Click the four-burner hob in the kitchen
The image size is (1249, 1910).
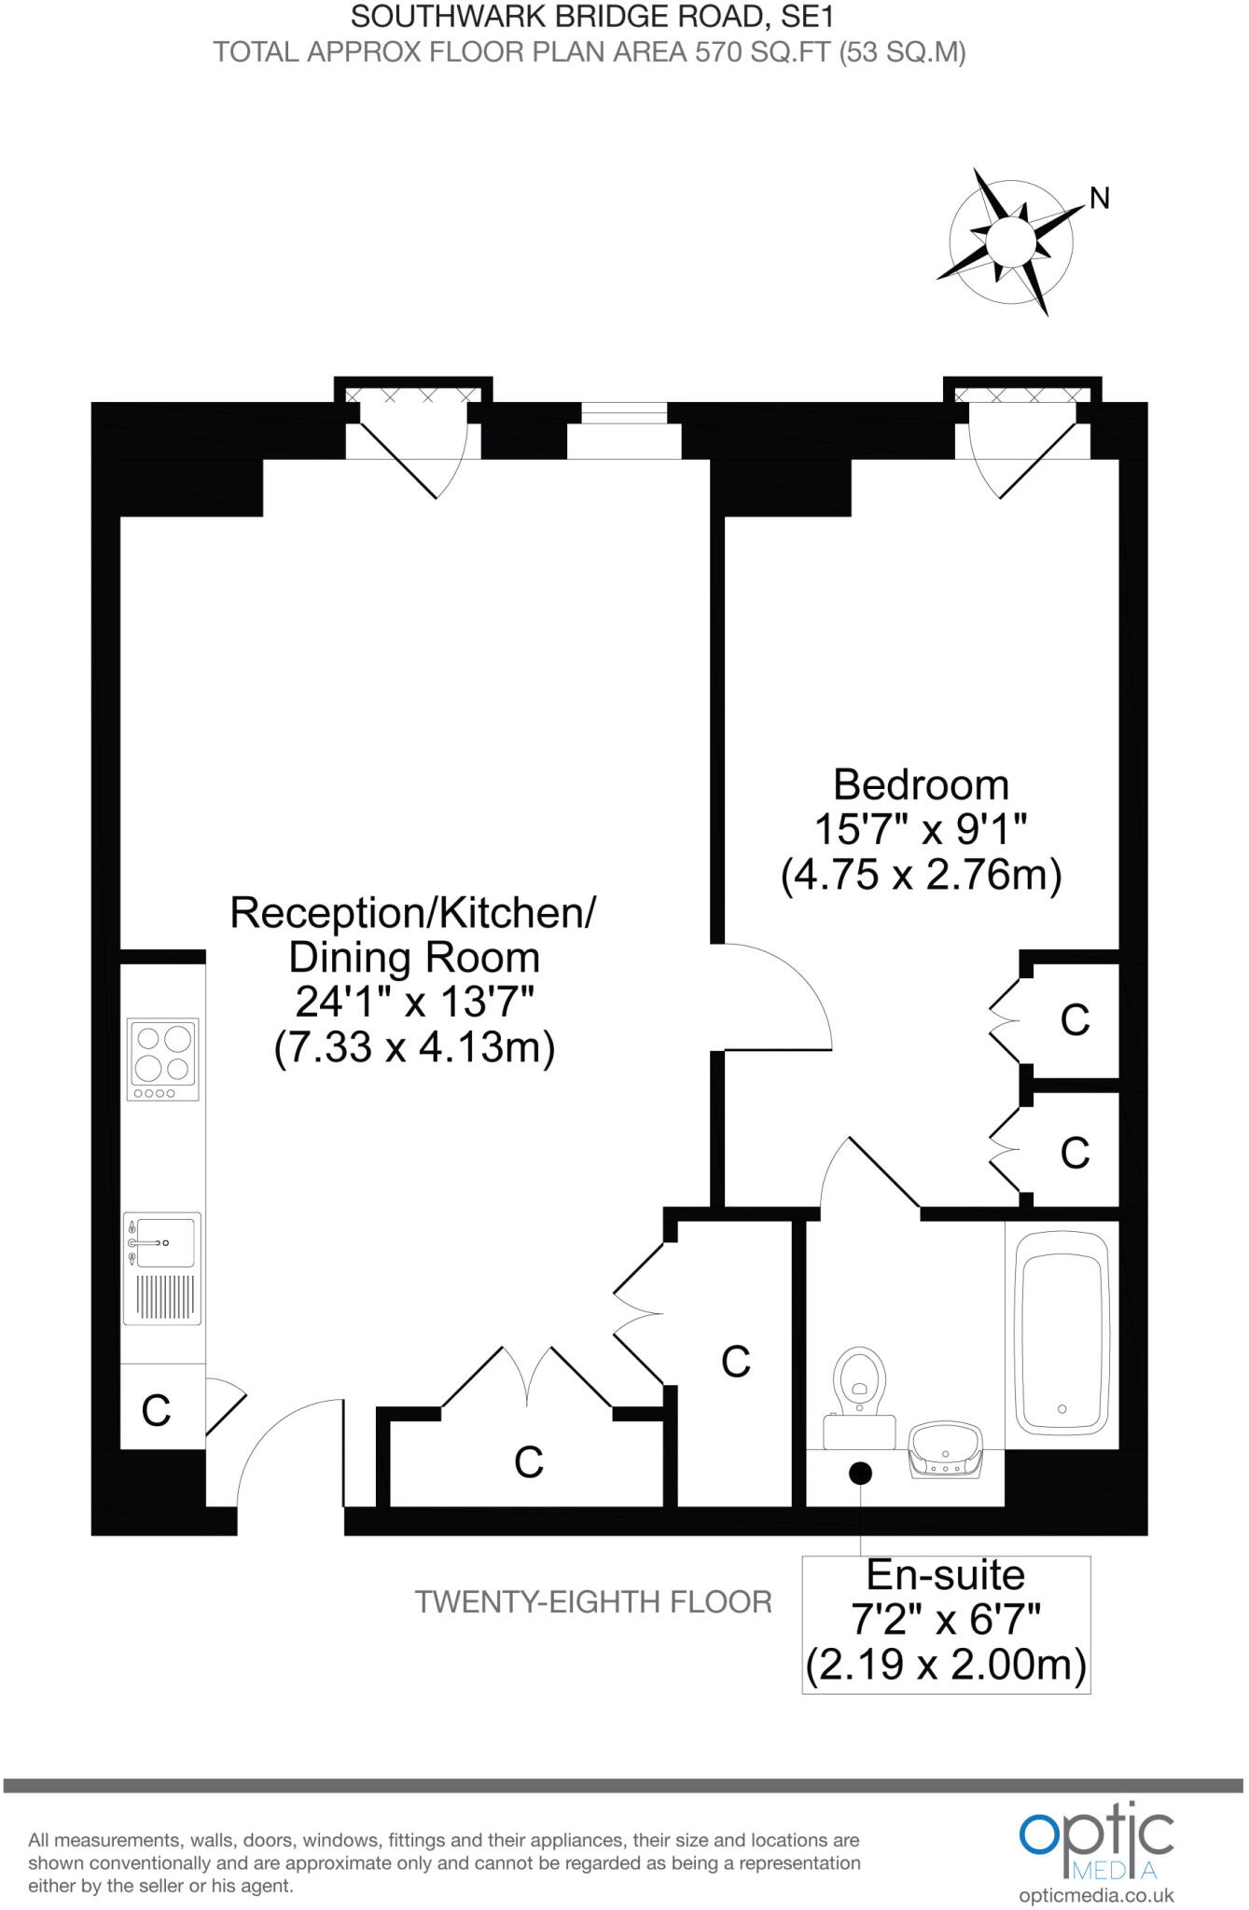(164, 1058)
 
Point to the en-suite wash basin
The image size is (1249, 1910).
(945, 1448)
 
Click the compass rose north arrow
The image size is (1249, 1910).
(1009, 241)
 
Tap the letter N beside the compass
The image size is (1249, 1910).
(1100, 199)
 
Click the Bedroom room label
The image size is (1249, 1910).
(921, 784)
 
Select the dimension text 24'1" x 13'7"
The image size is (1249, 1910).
(414, 1003)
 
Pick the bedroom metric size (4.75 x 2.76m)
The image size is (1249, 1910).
(921, 876)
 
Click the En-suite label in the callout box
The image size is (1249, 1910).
(945, 1575)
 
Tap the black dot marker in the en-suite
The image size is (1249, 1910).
(860, 1474)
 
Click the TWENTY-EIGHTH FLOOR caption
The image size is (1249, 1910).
(593, 1602)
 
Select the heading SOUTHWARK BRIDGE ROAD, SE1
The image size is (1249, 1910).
(591, 16)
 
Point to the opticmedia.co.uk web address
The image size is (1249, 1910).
(1096, 1895)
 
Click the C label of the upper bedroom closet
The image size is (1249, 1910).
(1075, 1020)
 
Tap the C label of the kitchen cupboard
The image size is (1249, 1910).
(156, 1410)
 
